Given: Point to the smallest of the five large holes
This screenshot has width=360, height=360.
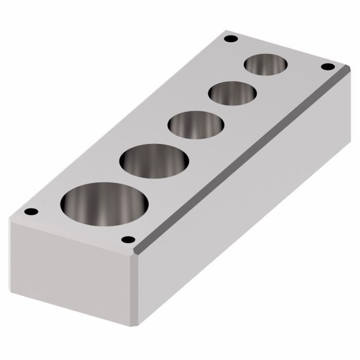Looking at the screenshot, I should point(266,65).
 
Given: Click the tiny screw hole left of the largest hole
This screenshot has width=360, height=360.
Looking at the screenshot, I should point(29,211).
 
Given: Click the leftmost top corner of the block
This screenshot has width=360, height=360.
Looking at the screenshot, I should point(10,219).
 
